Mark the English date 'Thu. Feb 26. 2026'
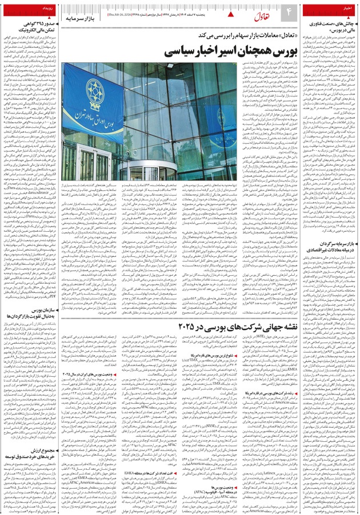tap(119, 11)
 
